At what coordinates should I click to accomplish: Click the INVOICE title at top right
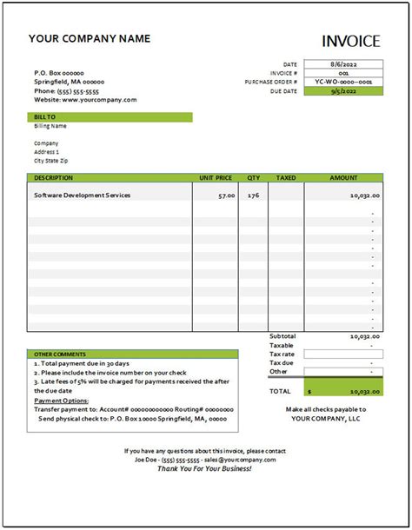pos(350,41)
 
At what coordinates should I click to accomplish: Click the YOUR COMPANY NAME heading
pos(90,38)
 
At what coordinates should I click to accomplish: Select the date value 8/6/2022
pos(343,64)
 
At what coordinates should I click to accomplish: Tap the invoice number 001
pos(343,73)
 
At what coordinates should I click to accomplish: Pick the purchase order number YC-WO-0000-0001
pos(343,82)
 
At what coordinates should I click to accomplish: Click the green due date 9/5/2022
pos(343,90)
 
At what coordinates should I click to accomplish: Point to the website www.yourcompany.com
pos(85,100)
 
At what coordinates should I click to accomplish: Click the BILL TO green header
pos(110,116)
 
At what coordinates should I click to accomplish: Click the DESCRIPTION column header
pos(54,177)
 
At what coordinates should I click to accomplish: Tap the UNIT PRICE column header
pos(216,177)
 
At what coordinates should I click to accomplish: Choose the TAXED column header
pos(286,177)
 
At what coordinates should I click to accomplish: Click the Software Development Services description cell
pos(83,195)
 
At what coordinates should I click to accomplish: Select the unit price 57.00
pos(225,196)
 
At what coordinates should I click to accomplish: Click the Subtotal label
pos(282,336)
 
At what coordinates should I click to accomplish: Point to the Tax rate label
pos(282,354)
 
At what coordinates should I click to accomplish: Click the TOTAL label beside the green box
pos(281,392)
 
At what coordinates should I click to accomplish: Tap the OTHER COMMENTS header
pos(60,354)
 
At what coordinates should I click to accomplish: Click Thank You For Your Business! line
pos(205,468)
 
